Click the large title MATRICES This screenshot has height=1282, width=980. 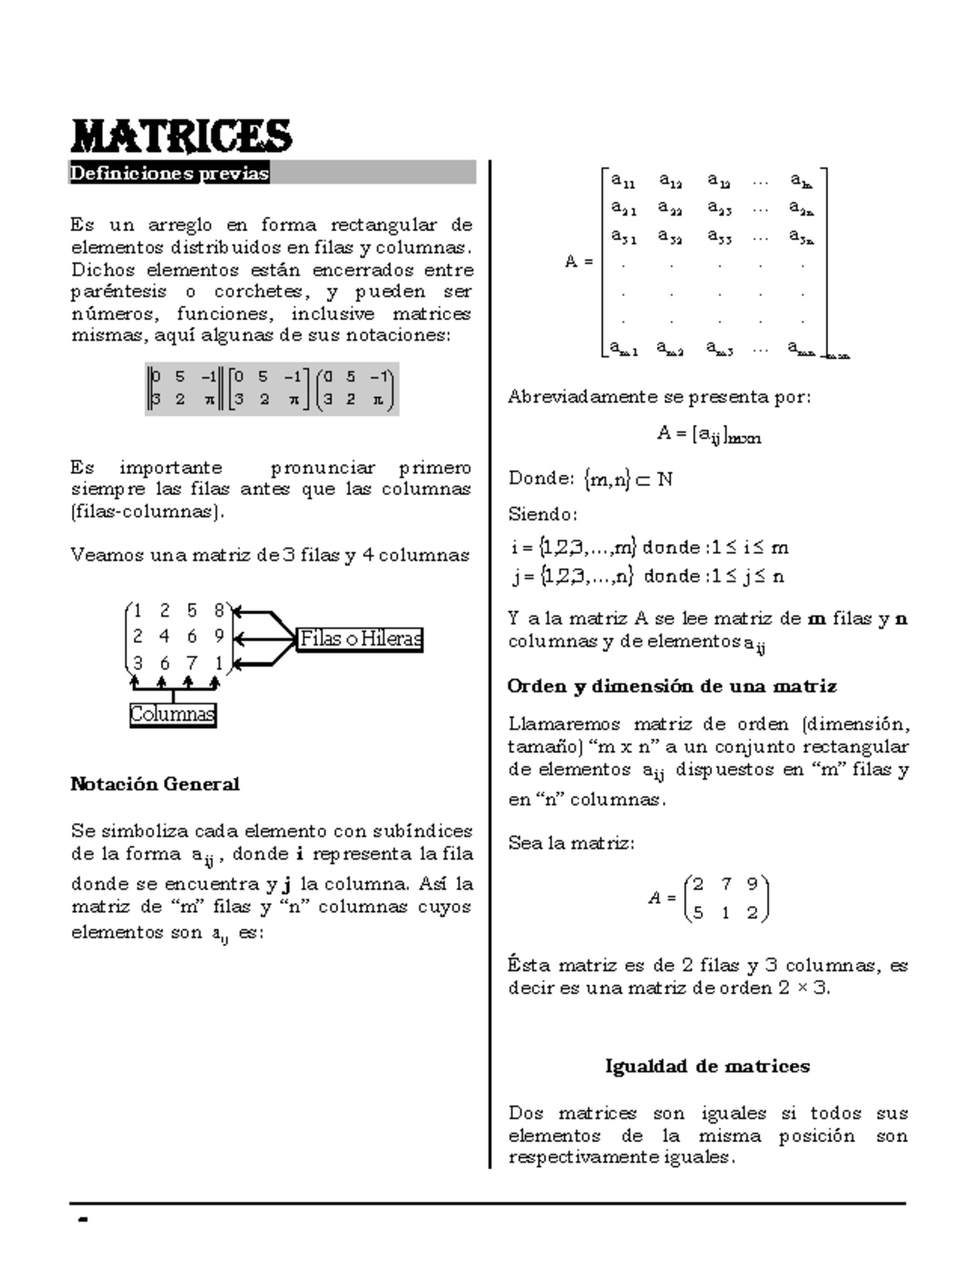[181, 136]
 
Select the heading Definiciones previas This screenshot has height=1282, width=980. [169, 173]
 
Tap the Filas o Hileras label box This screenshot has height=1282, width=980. [360, 639]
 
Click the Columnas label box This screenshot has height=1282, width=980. [172, 714]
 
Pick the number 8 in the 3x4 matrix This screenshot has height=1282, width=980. [219, 610]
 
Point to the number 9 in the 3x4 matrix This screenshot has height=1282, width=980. [219, 636]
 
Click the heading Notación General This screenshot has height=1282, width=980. [155, 784]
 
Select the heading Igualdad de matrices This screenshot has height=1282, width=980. [707, 1066]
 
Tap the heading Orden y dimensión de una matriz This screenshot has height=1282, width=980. [672, 686]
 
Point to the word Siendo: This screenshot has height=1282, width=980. [542, 515]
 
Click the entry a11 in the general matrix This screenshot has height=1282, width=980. [624, 180]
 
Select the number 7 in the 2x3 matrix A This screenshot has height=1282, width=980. [725, 883]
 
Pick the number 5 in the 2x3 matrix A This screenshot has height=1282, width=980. [698, 913]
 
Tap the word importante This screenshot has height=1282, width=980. [171, 468]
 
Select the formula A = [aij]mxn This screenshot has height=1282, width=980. [708, 435]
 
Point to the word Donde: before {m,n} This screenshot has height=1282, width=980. [541, 479]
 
